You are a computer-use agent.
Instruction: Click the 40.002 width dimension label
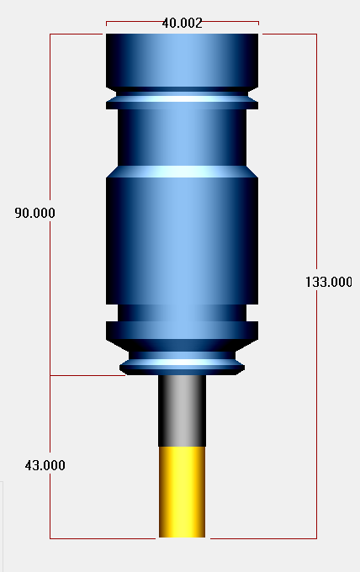[x=182, y=24]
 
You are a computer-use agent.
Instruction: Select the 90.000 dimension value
[x=35, y=213]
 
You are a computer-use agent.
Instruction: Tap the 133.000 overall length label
[x=329, y=282]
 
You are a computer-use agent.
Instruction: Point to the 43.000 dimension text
[x=45, y=465]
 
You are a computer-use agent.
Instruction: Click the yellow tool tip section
[x=182, y=492]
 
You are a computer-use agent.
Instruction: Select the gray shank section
[x=182, y=410]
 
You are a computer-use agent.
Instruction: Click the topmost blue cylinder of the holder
[x=182, y=61]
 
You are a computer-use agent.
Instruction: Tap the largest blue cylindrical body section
[x=182, y=241]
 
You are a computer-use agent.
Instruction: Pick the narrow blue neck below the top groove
[x=182, y=137]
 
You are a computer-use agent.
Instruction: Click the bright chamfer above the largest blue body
[x=182, y=172]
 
